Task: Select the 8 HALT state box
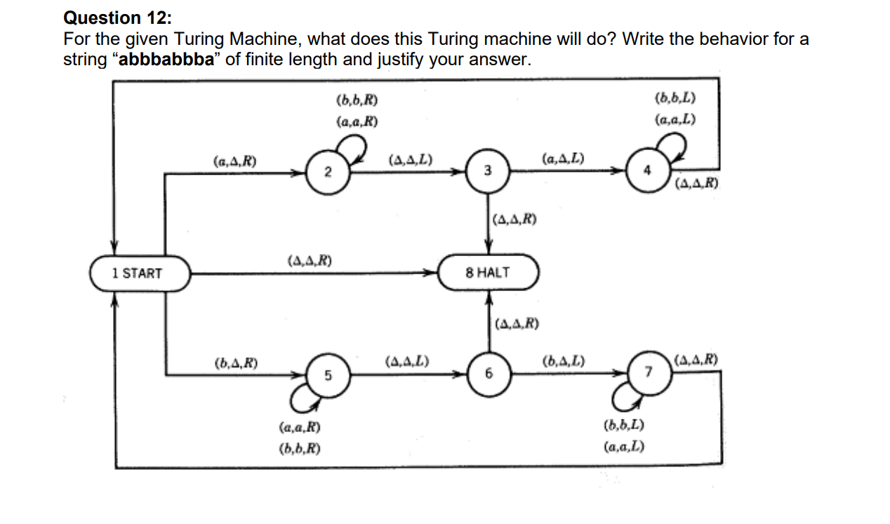489,272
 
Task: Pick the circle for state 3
489,171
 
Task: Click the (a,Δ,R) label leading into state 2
234,161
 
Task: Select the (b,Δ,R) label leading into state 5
235,363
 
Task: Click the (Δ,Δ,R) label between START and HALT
310,261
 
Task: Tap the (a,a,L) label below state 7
624,447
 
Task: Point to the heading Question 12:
112,18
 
